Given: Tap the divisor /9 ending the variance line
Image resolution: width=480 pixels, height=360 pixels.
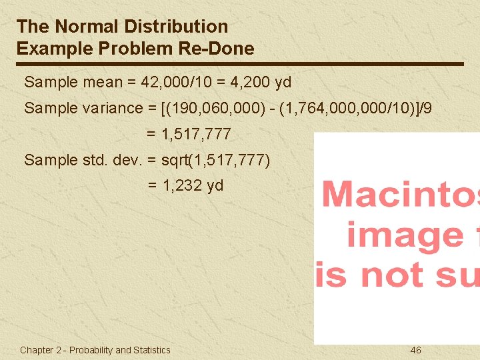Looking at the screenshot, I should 425,108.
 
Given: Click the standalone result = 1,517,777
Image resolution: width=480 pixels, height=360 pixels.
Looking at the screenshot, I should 189,134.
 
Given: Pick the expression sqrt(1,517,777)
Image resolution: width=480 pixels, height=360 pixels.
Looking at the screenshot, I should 216,160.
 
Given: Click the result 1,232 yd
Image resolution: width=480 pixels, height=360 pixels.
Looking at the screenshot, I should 193,185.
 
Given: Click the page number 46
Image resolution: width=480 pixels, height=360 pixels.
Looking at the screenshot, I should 415,350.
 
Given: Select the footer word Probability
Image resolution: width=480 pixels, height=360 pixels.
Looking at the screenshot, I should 91,350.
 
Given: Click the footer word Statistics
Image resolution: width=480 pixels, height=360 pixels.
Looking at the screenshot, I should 152,350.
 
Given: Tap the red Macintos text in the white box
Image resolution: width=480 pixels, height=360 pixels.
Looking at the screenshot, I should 400,195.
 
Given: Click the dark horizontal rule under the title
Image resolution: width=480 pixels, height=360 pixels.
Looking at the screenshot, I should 240,64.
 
